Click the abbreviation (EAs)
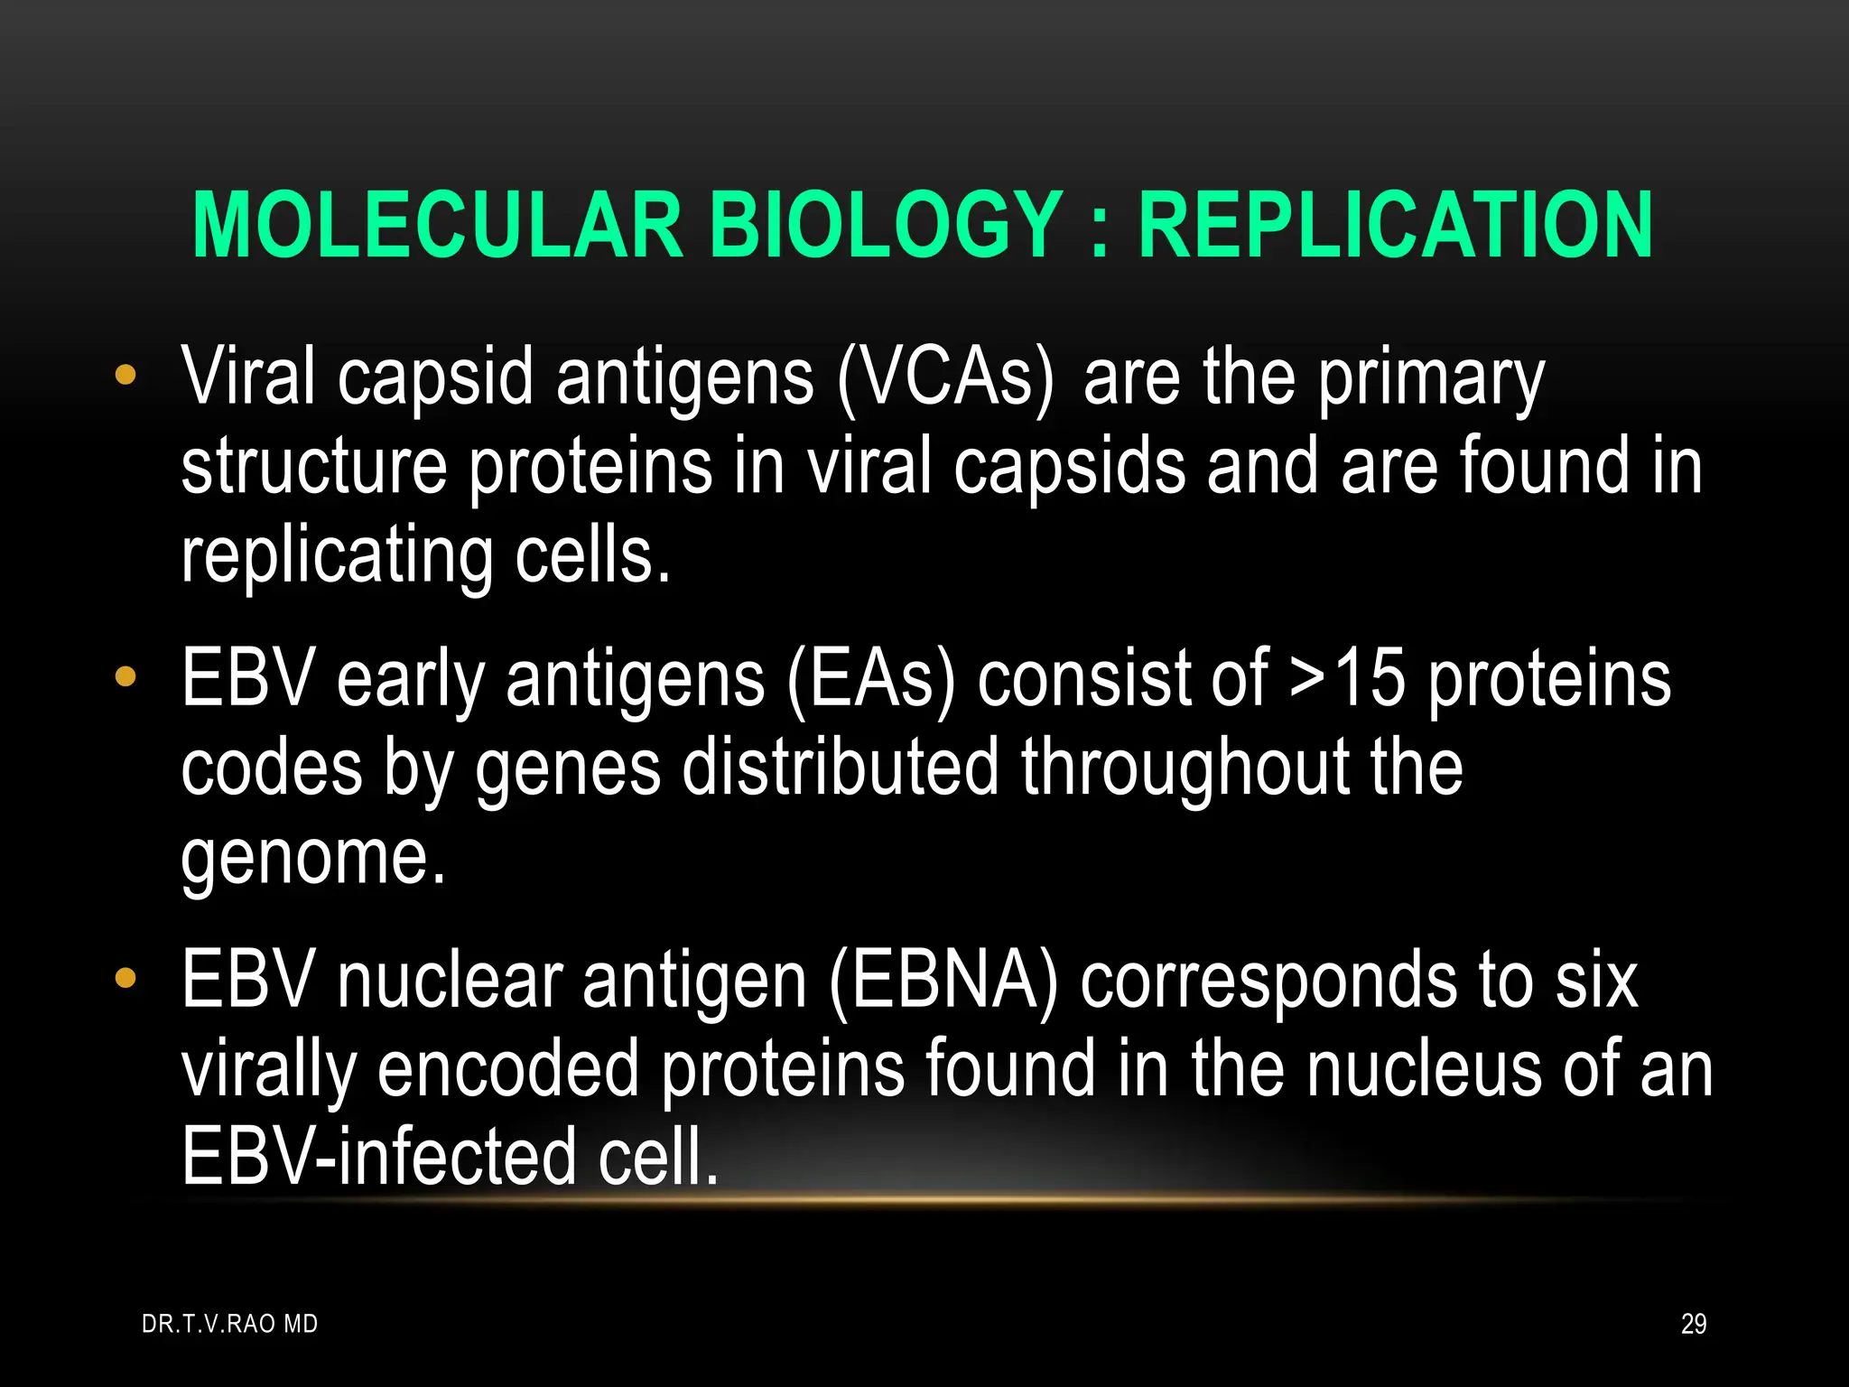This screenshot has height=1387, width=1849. coord(870,681)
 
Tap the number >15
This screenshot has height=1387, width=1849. coord(1347,679)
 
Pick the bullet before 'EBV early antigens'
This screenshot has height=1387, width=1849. coord(125,675)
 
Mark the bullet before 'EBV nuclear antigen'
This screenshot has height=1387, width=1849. coord(125,977)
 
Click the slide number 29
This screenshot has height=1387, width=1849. coord(1693,1324)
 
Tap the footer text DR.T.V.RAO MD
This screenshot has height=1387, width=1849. coord(229,1324)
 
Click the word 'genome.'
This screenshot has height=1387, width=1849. coord(313,858)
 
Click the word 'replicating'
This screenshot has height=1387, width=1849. coord(337,558)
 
